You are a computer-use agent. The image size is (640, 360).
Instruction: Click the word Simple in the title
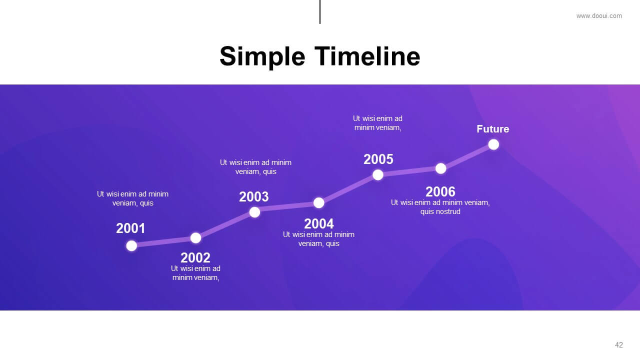point(262,57)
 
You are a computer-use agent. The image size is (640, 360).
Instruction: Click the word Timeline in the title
point(367,56)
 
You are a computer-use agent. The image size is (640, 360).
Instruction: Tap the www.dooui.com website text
point(599,16)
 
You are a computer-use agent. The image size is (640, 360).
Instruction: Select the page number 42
point(619,345)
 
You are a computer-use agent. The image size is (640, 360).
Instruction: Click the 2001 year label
point(130,228)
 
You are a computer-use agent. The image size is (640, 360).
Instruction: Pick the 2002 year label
point(195,257)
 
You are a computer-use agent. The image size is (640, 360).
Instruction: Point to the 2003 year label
point(253,196)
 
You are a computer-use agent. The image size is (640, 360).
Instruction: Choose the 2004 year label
point(319,223)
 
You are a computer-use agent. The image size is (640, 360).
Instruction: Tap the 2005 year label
point(378,159)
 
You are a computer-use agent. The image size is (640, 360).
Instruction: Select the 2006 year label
point(440,191)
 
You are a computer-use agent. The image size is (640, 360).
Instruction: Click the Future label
point(493,129)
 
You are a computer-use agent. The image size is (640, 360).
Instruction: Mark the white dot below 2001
point(131,245)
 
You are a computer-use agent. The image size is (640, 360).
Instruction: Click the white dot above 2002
point(195,238)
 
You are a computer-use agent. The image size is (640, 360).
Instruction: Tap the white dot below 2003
point(254,212)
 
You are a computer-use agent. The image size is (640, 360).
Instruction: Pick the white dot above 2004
point(319,203)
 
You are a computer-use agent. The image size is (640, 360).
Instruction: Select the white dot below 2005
point(377,175)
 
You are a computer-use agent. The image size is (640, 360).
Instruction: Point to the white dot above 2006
point(441,168)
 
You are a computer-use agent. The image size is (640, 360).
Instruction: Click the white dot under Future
point(493,144)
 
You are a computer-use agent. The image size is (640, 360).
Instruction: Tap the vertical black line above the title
point(320,12)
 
